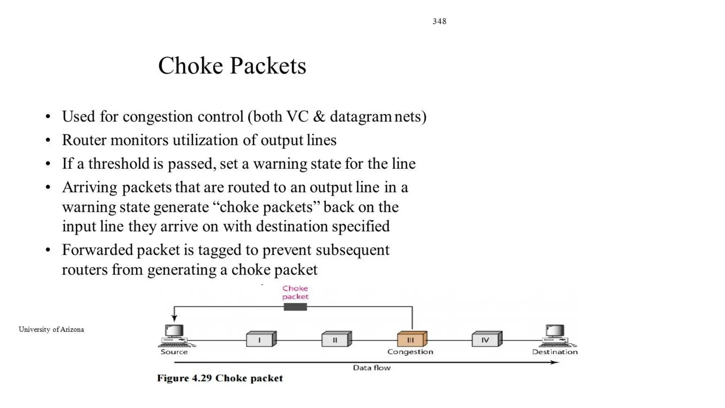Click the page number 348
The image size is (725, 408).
pos(439,21)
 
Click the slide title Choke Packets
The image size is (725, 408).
pos(232,66)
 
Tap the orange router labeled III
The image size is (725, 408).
pos(411,339)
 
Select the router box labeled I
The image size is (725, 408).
pos(261,339)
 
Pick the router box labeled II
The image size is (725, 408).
pos(336,339)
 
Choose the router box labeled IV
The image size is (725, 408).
pos(487,339)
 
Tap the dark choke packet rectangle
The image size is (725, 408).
pos(295,307)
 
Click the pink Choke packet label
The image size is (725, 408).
pos(295,293)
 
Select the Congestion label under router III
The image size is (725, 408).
pos(410,352)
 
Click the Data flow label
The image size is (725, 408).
pos(372,368)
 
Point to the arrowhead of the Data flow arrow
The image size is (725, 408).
pos(556,362)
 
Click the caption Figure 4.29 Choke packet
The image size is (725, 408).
pos(220,378)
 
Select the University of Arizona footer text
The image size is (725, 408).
pos(51,329)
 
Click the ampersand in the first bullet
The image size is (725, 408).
pos(319,117)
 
